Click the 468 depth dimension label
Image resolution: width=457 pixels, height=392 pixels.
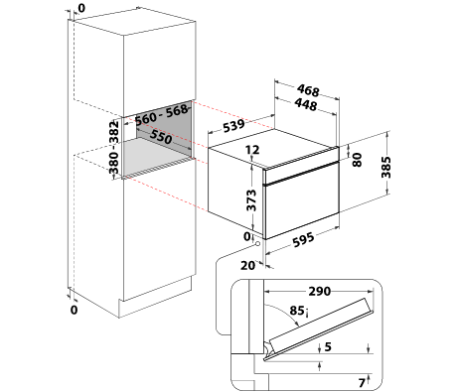point(308,90)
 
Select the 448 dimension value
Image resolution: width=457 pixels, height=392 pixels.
point(306,104)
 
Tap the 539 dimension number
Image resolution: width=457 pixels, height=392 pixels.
point(233,125)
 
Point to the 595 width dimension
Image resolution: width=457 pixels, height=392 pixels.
point(303,239)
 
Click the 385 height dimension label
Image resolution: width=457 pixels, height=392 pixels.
point(385,167)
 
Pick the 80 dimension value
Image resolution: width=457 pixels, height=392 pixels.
point(357,160)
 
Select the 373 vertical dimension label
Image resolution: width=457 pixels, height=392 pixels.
point(251,200)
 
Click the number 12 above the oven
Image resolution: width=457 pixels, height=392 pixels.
point(252,150)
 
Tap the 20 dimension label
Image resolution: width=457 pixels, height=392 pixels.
point(248,265)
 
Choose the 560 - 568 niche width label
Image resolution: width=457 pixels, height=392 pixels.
point(162,114)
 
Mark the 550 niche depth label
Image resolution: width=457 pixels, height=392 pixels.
point(161,137)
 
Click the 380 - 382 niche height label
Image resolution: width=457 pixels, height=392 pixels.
point(113,147)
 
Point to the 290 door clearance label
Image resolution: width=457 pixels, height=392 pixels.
point(320,291)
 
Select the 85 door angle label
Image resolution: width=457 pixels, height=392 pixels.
point(298,311)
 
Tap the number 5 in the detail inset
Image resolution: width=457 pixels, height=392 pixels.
point(328,346)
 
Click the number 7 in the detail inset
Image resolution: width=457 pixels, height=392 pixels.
point(362,383)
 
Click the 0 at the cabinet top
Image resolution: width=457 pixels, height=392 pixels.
point(81,8)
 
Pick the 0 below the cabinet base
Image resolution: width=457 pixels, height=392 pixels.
point(74,310)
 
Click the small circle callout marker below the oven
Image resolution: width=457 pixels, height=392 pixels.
point(257,244)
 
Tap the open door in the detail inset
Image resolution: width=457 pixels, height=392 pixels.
point(320,327)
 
